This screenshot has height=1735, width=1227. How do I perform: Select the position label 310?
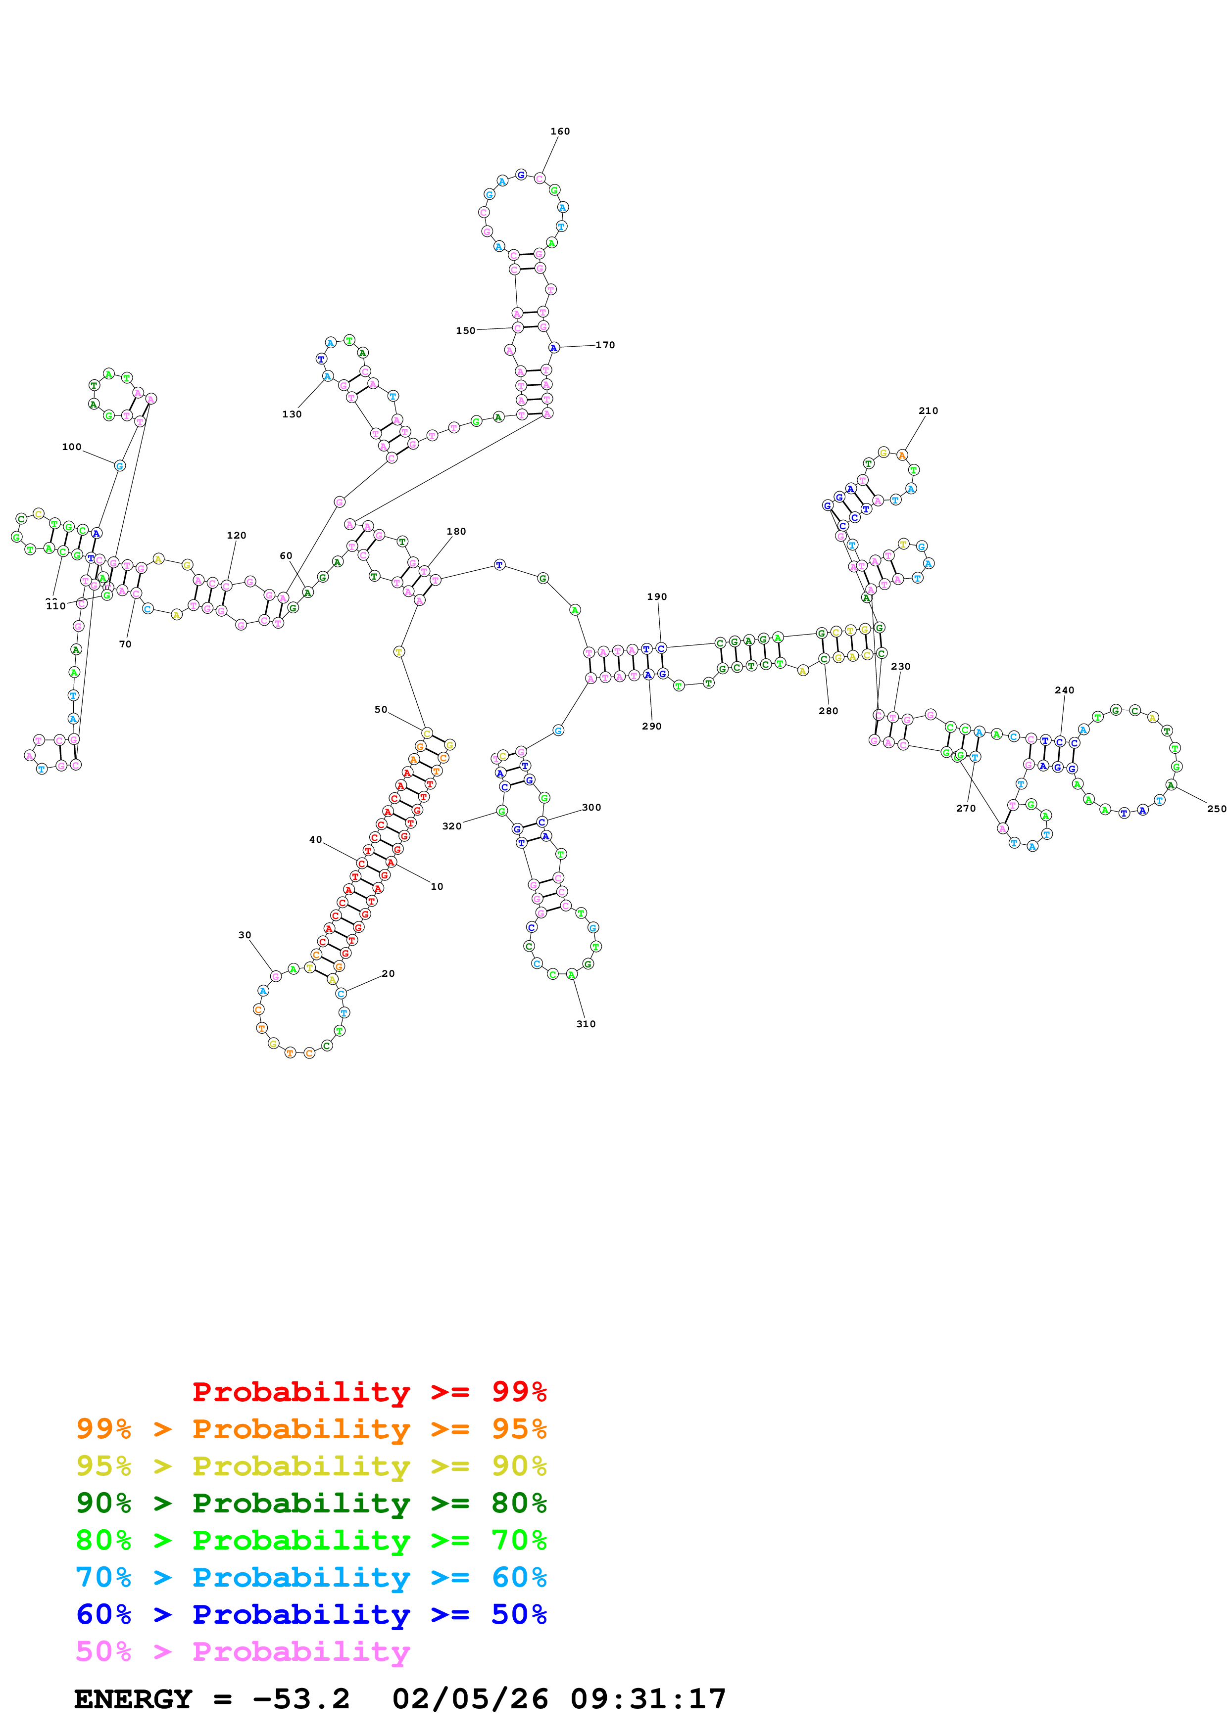(x=586, y=1024)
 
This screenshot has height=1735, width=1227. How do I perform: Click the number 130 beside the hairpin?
(x=292, y=414)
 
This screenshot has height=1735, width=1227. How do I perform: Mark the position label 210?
(x=929, y=411)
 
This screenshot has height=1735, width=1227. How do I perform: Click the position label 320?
(x=452, y=826)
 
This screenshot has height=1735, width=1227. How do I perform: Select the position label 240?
(x=1065, y=690)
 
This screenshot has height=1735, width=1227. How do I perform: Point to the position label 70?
(x=126, y=644)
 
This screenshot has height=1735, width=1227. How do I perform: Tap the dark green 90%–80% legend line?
(x=311, y=1503)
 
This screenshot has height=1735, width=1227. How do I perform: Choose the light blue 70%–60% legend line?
(x=311, y=1577)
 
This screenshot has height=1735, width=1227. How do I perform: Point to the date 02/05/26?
(x=470, y=1699)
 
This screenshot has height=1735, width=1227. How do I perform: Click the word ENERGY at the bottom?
(x=133, y=1699)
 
